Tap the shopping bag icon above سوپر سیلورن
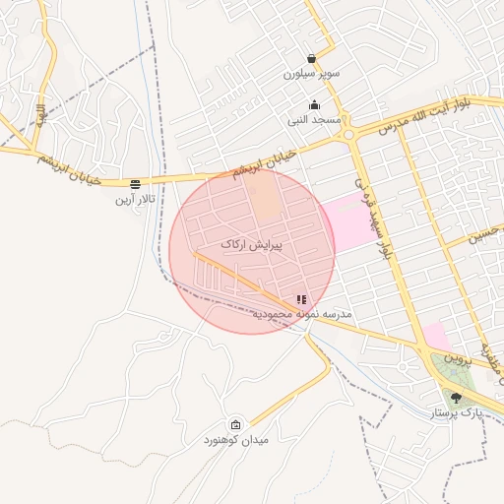pos(312,59)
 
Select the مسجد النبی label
pos(314,120)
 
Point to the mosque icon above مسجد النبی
pos(315,105)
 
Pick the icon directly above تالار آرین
pos(135,184)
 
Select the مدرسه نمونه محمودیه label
pos(302,314)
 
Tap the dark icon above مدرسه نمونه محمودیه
pos(301,299)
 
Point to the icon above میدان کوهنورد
pos(235,423)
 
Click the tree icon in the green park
pos(456,398)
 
